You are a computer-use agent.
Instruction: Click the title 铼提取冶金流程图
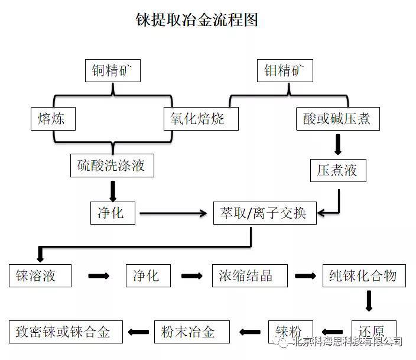coord(197,20)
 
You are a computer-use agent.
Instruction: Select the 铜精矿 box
coord(113,70)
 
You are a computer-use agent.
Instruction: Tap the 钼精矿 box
coord(285,70)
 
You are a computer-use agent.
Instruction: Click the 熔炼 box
coord(53,119)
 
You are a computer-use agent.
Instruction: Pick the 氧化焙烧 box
coord(201,119)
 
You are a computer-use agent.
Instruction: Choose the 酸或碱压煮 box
coord(338,119)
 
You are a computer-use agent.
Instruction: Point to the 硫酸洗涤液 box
coord(112,166)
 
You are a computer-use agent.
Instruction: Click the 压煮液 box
coord(338,170)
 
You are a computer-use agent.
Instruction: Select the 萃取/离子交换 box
coord(265,213)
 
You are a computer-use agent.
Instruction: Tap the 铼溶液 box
coord(40,275)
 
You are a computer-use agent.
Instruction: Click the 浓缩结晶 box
coord(249,275)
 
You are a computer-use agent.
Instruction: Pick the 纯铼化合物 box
coord(364,275)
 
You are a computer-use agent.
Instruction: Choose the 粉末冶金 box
coord(192,332)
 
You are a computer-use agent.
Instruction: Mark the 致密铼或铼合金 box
coord(66,332)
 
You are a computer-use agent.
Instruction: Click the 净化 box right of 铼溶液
coord(148,275)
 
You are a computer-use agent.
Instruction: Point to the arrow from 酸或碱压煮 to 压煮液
coord(338,145)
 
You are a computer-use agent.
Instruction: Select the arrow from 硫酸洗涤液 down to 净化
coord(113,192)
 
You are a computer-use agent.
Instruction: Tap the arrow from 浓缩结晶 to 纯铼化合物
coord(305,276)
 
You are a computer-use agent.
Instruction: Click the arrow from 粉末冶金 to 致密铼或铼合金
coord(138,332)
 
